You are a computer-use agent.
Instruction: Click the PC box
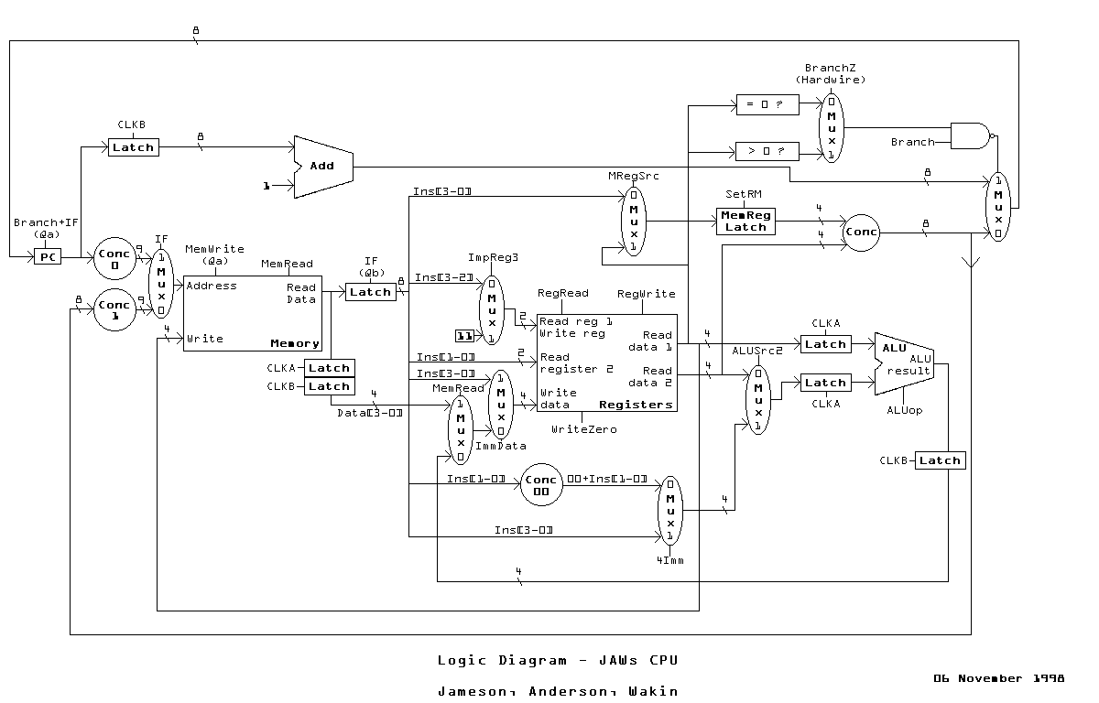tap(48, 258)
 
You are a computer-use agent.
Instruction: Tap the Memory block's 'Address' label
tap(212, 286)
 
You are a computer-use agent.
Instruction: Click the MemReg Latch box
tap(745, 221)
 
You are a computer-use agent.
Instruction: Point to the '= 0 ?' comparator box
tap(767, 105)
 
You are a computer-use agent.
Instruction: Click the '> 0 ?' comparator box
tap(767, 150)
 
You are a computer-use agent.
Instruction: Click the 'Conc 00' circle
tap(541, 485)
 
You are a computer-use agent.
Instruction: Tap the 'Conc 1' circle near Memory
tap(114, 310)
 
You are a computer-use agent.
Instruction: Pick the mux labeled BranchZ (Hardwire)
tap(832, 127)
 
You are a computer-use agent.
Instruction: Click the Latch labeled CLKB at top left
tap(134, 146)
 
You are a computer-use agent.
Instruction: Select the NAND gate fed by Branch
tap(972, 136)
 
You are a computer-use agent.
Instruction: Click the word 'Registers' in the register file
tap(636, 405)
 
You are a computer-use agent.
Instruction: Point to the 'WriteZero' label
tap(583, 428)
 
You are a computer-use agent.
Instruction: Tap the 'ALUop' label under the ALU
tap(904, 410)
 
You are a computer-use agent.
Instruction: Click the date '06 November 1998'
tap(998, 678)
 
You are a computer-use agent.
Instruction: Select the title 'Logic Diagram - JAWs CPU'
tap(558, 660)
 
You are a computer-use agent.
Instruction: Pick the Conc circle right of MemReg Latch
tap(861, 232)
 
